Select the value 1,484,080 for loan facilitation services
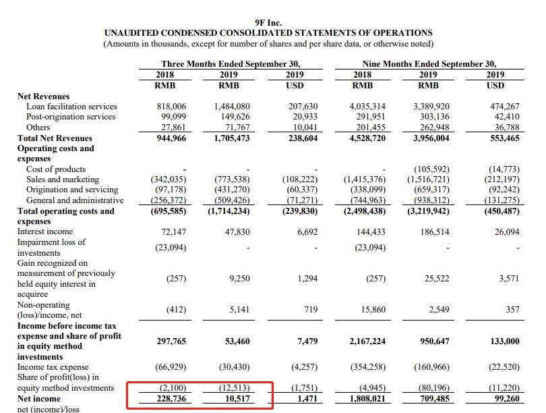click(231, 107)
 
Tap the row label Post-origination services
click(71, 117)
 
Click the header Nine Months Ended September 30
click(433, 64)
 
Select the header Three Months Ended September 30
click(231, 64)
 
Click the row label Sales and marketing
click(63, 180)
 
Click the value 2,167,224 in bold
click(368, 341)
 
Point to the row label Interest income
click(46, 231)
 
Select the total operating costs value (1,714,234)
click(231, 211)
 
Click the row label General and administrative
click(75, 200)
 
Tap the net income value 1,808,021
click(368, 399)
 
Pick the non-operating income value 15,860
click(371, 310)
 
